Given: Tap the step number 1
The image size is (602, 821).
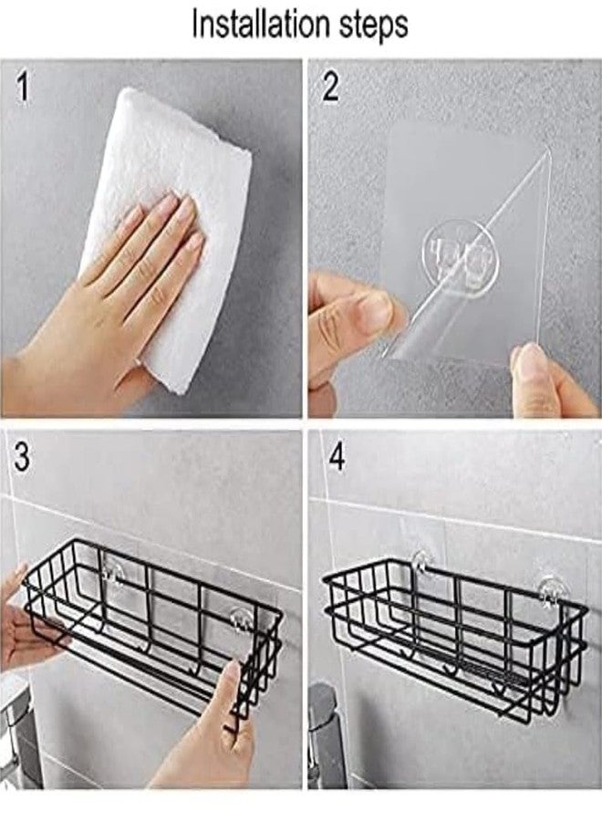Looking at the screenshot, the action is coord(22,87).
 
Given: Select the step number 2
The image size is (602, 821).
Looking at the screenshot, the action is coord(330,87).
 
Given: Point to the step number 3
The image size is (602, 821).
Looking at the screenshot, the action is coord(22,457).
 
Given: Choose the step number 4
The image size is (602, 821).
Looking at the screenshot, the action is coord(337,457).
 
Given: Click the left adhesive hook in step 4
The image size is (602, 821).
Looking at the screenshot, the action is coord(422,564).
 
